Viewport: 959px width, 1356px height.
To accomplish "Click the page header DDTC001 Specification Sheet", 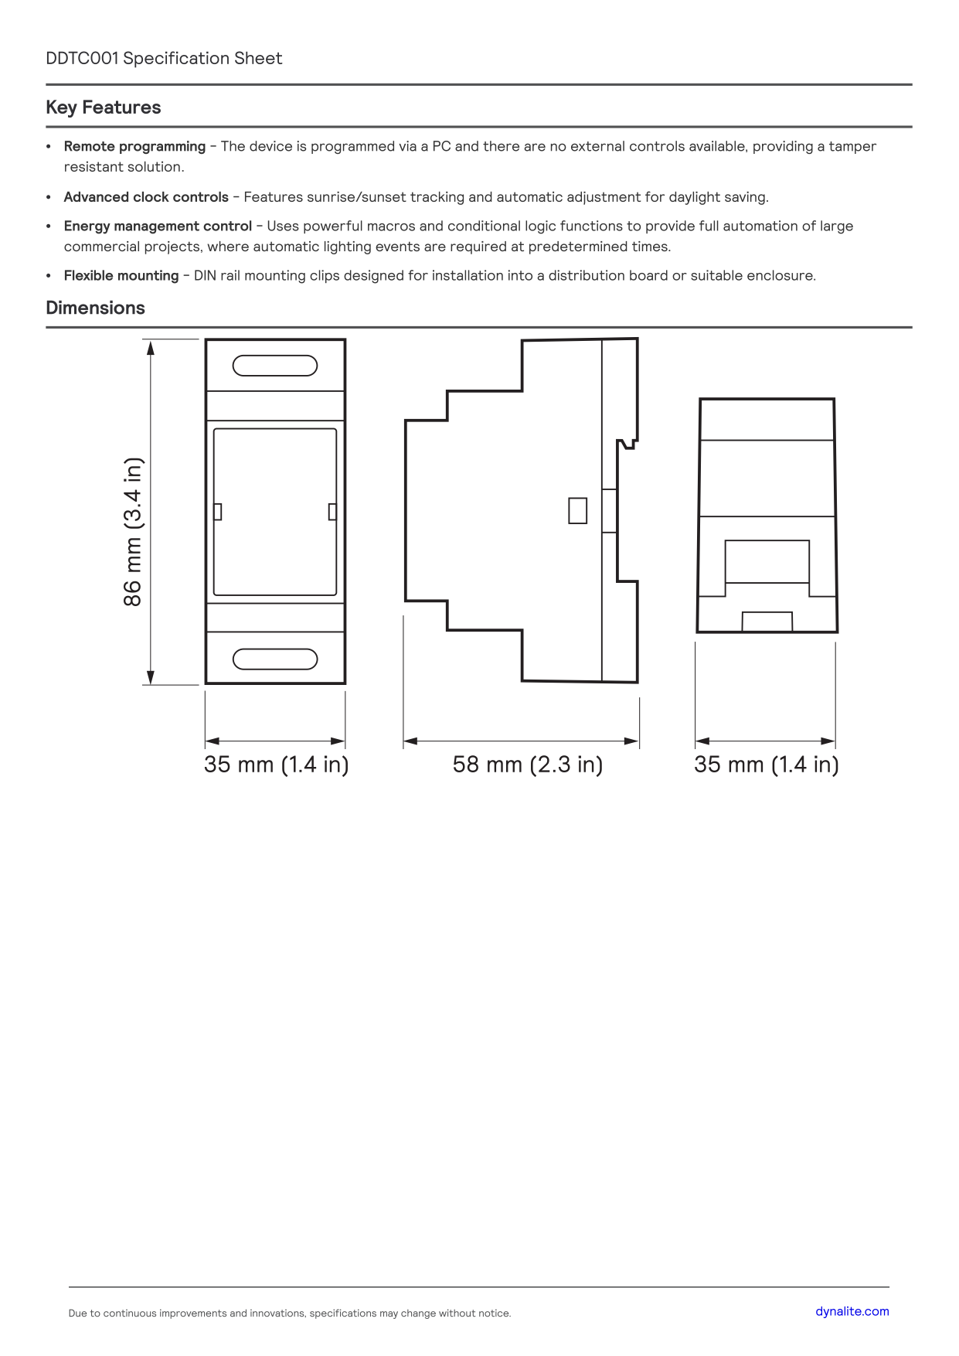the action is pos(164,59).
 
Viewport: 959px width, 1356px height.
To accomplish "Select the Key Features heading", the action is pos(104,107).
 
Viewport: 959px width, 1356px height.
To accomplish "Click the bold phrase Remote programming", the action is pos(134,147).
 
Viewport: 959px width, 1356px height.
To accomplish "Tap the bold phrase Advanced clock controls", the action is pos(146,197).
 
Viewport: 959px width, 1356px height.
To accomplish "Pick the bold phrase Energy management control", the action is pos(158,227).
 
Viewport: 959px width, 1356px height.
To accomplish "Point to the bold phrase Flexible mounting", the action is pos(121,276).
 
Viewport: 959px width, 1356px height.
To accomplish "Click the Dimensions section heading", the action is pos(96,308).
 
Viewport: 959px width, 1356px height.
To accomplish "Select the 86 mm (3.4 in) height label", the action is pos(133,532).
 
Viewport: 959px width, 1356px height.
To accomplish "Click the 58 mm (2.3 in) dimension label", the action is pos(528,765).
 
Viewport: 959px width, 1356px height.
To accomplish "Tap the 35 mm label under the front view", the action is pos(277,765).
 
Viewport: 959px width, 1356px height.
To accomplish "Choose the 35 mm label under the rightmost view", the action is pos(767,765).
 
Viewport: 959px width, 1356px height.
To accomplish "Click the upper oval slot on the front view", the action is pos(275,365).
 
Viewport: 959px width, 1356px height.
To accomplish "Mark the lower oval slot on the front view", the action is pos(275,659).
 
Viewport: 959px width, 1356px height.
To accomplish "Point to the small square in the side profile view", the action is pos(577,510).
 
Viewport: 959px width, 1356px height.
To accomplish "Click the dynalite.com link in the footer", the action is pos(852,1311).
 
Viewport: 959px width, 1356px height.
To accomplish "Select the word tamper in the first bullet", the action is pos(852,147).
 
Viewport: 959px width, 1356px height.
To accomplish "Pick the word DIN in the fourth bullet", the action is pos(205,276).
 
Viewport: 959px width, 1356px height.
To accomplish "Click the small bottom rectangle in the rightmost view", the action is pos(767,622).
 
